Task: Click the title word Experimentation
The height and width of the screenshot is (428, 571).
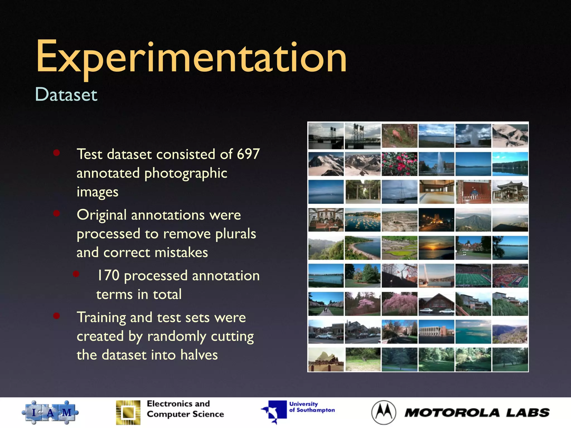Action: click(191, 57)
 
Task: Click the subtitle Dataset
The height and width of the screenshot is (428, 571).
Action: click(66, 94)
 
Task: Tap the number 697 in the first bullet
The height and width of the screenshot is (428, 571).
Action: click(248, 154)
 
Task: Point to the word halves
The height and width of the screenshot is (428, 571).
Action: click(199, 355)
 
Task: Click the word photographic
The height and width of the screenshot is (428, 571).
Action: click(186, 173)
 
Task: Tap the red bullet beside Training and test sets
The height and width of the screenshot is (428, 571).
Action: click(57, 316)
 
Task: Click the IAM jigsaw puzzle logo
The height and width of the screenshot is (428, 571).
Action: click(50, 412)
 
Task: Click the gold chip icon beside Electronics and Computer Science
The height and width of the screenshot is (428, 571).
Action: click(128, 413)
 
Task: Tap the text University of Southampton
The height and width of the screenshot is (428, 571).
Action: click(312, 407)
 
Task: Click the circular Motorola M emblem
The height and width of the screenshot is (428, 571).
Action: click(384, 413)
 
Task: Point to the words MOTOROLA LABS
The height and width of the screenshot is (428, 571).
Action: click(477, 413)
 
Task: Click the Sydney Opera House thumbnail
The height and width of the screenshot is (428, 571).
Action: click(326, 359)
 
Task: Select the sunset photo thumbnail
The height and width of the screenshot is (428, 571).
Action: click(436, 248)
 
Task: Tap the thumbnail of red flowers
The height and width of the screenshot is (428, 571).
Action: click(400, 164)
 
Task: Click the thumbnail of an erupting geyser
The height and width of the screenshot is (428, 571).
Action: click(473, 136)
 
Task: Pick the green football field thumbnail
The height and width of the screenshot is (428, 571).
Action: click(473, 276)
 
